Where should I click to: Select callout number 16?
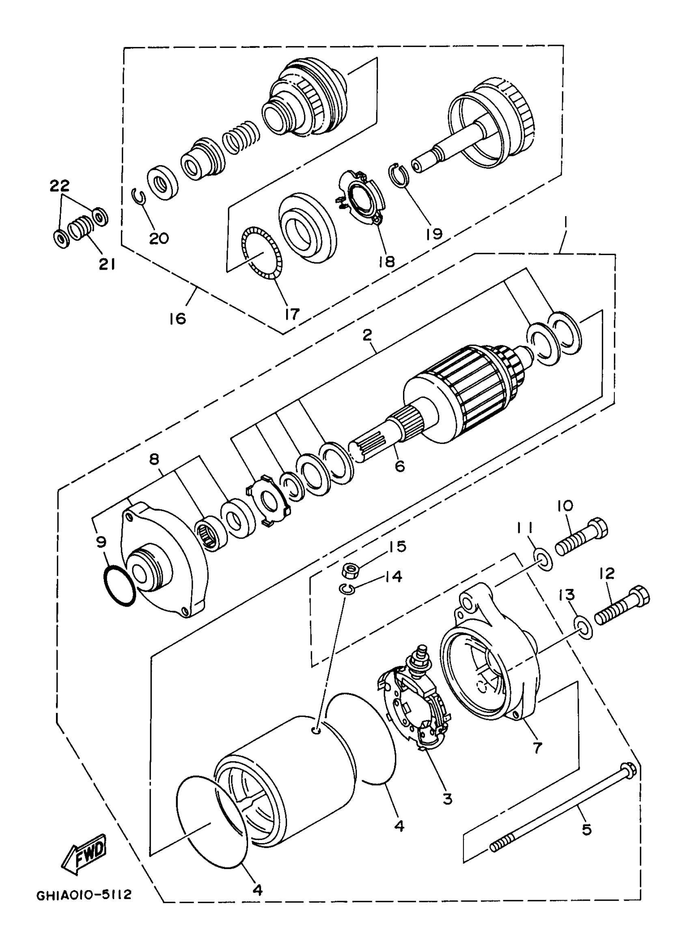pos(177,319)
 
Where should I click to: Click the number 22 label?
pos(60,185)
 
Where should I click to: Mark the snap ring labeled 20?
pos(140,197)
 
